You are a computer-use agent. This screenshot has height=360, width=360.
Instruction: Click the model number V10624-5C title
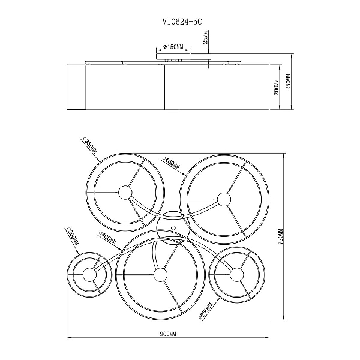tap(182, 22)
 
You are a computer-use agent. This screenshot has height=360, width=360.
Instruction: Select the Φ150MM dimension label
tap(173, 47)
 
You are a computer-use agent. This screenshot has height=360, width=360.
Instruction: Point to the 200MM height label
tap(277, 87)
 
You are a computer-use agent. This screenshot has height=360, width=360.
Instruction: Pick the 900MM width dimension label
tap(168, 334)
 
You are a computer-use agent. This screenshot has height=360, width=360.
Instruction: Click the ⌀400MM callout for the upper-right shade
tap(171, 163)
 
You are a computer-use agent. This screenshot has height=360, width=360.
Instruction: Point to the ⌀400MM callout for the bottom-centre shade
tap(107, 238)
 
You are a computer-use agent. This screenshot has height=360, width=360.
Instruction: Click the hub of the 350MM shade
tap(125, 192)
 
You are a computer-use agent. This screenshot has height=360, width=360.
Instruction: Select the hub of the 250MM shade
tap(236, 275)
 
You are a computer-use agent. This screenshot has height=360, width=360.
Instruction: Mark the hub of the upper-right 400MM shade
tap(224, 199)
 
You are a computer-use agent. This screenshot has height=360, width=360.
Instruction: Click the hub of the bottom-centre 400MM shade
tap(160, 275)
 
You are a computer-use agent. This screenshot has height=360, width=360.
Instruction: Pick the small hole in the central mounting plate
tap(173, 228)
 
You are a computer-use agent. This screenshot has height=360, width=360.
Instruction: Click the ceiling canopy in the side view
tap(173, 56)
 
